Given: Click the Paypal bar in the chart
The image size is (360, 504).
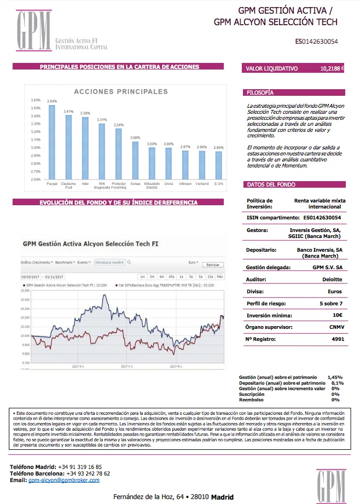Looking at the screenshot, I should coord(52,142).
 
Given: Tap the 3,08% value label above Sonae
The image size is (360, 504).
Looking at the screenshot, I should coord(135,137).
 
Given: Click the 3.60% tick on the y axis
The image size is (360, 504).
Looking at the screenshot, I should coord(36,100).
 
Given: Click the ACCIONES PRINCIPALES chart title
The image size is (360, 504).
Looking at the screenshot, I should coord(121,91).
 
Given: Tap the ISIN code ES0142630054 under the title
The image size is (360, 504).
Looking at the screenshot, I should coord(316,41).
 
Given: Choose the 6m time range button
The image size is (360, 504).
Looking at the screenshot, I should coord(162,277).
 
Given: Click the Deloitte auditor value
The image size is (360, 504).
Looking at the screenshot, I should coord(332,279).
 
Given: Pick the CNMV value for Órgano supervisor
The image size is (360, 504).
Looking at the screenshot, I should coord(333,327).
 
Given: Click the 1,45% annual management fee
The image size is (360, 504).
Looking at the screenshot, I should coord(335,378).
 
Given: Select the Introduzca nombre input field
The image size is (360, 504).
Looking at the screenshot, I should coord(109,263).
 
